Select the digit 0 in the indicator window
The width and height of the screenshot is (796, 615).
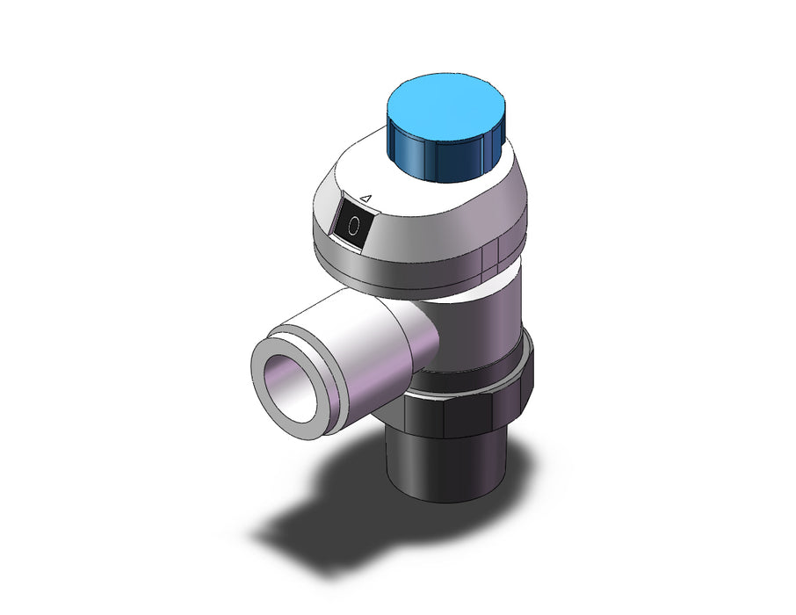point(354,225)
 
